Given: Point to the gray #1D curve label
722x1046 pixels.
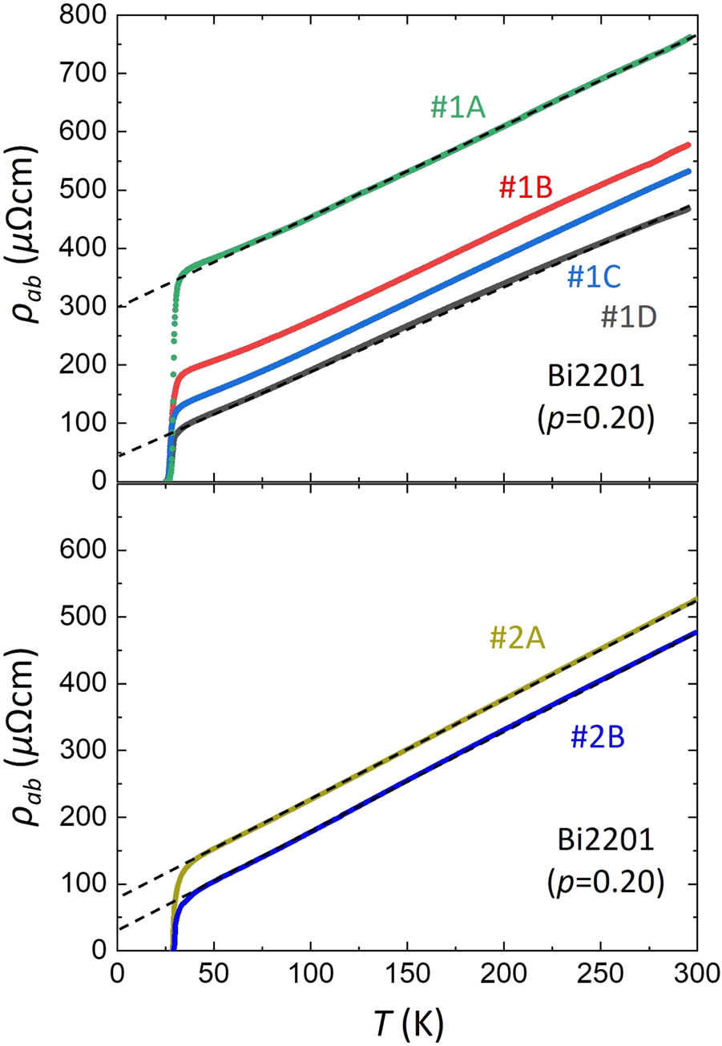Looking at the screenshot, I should click(629, 317).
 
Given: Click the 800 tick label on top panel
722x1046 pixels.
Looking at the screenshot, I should click(83, 15).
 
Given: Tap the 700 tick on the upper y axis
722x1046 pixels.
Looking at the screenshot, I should click(83, 74).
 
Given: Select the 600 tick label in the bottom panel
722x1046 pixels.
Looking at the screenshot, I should click(83, 551).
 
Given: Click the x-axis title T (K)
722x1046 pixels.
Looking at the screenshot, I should click(406, 1022).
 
